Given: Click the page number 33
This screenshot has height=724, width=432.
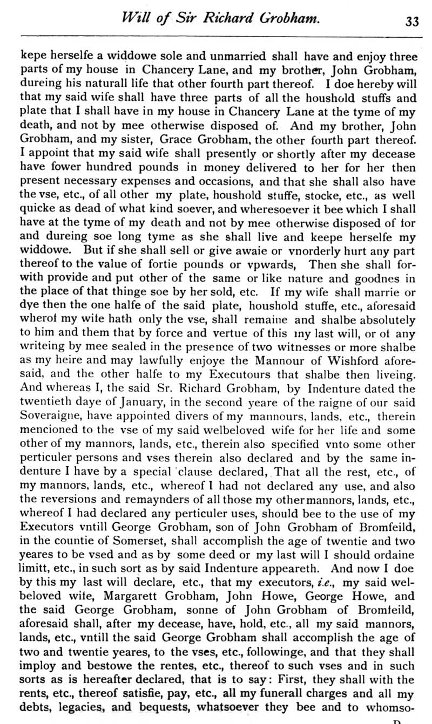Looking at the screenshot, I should pos(412,21).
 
